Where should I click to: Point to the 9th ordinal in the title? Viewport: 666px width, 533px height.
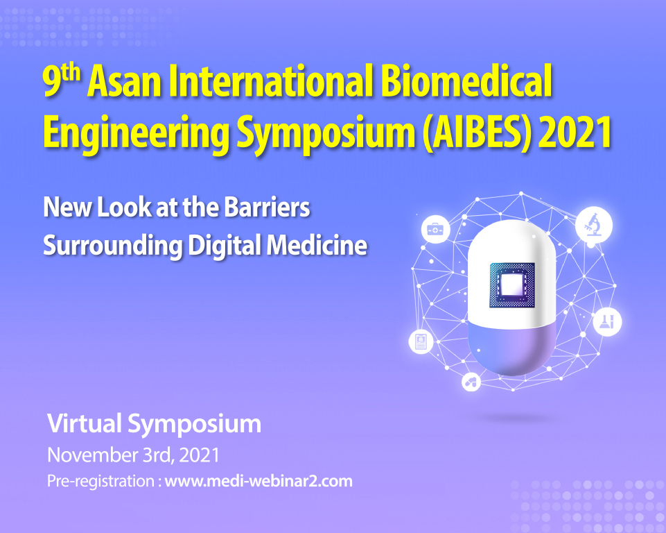(x=62, y=80)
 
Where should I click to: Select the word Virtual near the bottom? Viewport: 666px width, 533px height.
(x=84, y=423)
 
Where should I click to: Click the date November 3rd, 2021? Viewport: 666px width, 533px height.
(x=133, y=455)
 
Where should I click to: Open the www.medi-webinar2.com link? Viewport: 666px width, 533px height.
(x=258, y=481)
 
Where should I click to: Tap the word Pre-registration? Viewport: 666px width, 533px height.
(x=100, y=482)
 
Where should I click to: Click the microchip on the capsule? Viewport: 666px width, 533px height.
(x=512, y=285)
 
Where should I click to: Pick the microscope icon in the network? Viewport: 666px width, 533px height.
(x=594, y=224)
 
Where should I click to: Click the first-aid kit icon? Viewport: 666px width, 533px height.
(x=435, y=230)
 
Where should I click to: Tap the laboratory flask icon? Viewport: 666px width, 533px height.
(x=607, y=321)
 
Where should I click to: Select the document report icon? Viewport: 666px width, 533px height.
(x=421, y=341)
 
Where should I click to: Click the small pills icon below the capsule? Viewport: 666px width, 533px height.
(x=471, y=382)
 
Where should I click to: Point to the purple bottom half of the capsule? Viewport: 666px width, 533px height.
(x=512, y=348)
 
